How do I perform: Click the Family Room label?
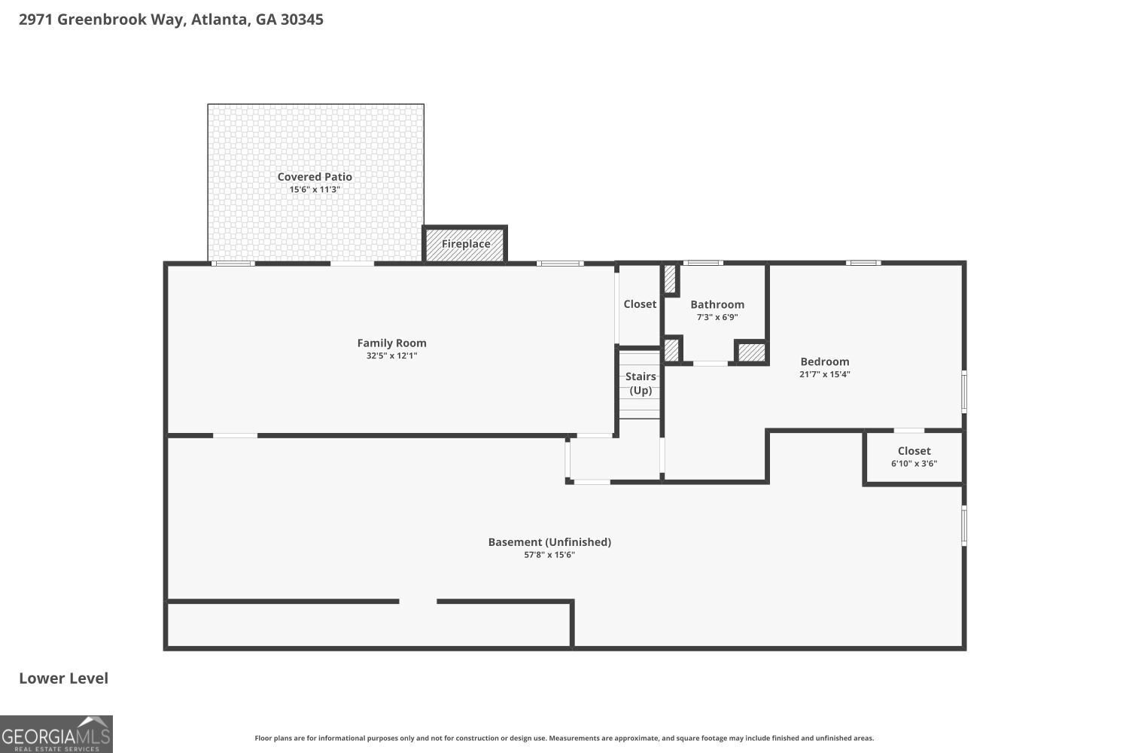click(391, 343)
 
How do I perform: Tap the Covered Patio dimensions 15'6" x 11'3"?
click(315, 190)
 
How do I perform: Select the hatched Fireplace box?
click(464, 244)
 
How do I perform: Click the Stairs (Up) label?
click(641, 383)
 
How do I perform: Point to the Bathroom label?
click(717, 305)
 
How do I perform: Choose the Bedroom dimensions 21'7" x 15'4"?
click(825, 374)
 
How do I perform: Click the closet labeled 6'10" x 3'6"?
click(914, 457)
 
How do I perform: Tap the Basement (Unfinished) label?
click(549, 542)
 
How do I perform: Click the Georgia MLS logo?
click(56, 734)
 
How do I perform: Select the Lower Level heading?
click(63, 678)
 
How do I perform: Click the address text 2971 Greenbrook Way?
click(102, 20)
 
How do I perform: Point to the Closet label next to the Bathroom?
click(640, 304)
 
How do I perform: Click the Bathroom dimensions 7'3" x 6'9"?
click(717, 317)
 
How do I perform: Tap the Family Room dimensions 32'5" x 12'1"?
click(391, 355)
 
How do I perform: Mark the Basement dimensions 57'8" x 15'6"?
click(549, 555)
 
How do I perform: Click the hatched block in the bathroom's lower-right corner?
click(751, 352)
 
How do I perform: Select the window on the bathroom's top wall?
click(702, 263)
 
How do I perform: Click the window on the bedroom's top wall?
click(863, 263)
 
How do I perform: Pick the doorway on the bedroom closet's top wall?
click(908, 430)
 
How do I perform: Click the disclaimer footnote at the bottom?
click(564, 738)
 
